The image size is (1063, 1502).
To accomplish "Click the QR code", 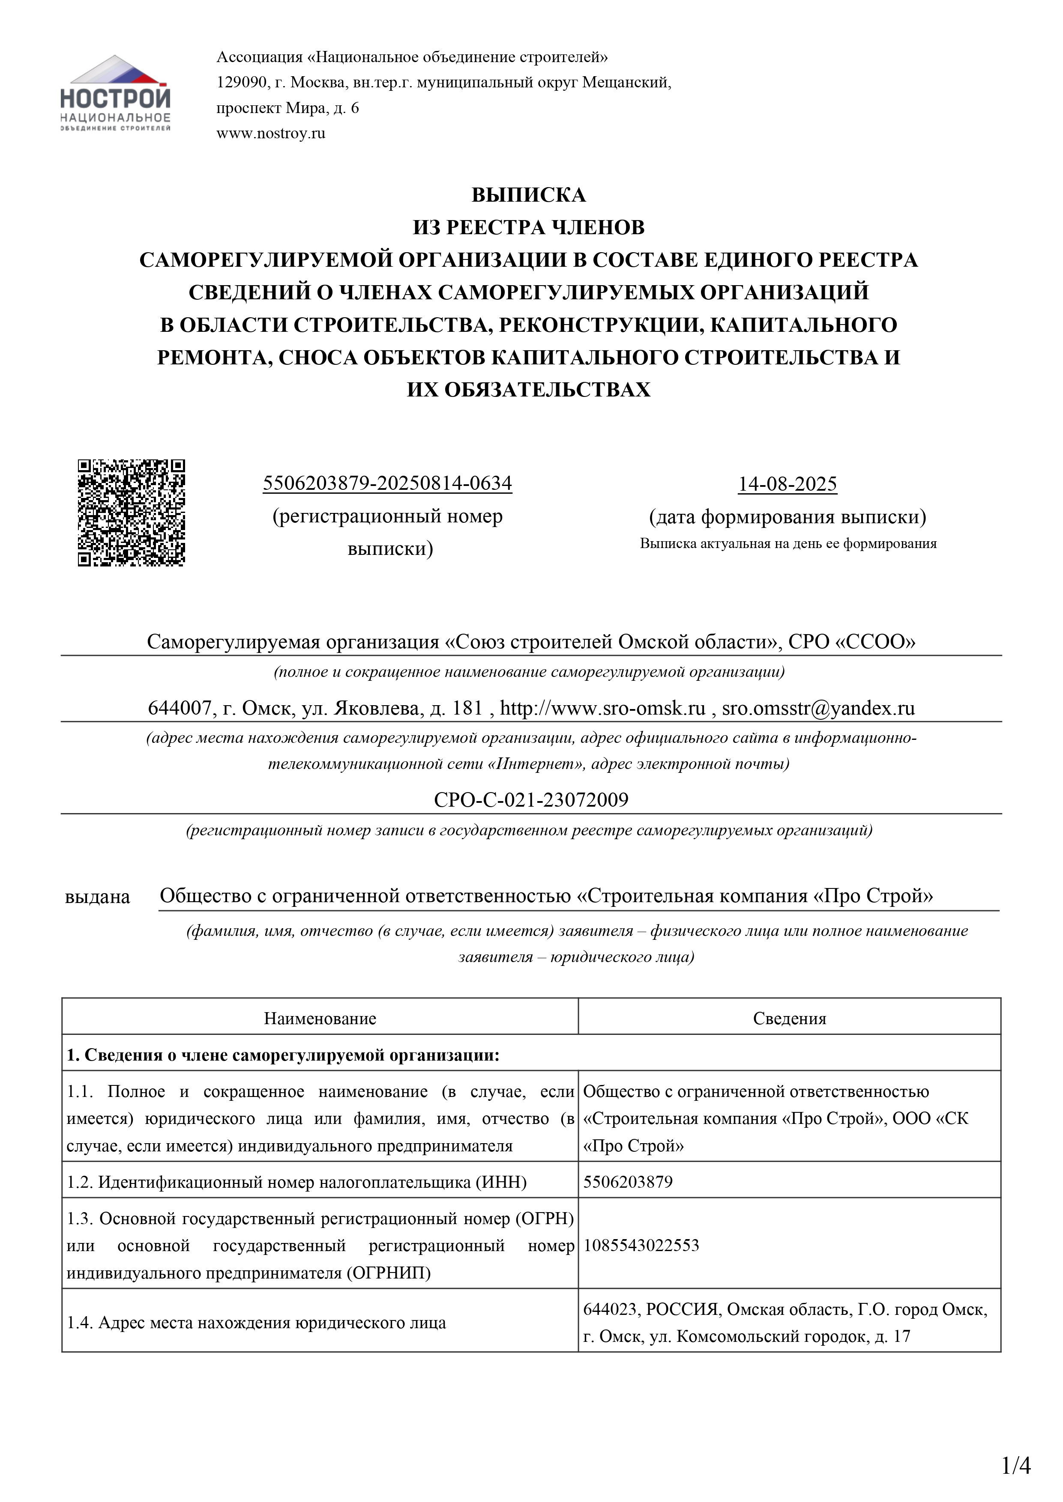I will tap(132, 513).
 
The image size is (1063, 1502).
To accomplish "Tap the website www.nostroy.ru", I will tap(270, 134).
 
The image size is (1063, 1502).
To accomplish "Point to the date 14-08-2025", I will tap(788, 484).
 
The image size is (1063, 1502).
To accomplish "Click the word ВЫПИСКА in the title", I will tap(528, 195).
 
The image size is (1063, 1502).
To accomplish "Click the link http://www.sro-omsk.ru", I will tap(602, 709).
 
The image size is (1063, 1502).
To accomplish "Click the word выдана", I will tap(98, 897).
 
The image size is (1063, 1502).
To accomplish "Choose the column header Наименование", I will tap(320, 1019).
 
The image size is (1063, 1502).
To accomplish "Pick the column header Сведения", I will tap(789, 1019).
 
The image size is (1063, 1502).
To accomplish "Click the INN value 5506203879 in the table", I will tap(628, 1182).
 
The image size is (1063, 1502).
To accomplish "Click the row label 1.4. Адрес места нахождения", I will tap(256, 1323).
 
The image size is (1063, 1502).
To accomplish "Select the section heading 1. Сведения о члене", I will tap(283, 1055).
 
